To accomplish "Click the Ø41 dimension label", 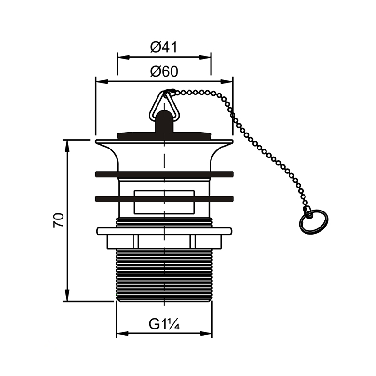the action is pyautogui.click(x=164, y=47).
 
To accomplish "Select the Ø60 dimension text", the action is pyautogui.click(x=164, y=71).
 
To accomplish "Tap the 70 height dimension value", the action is pyautogui.click(x=58, y=220).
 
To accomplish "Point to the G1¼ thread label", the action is pyautogui.click(x=164, y=324).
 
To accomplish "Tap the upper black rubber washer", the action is pyautogui.click(x=164, y=174).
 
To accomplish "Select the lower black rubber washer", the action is pyautogui.click(x=164, y=199).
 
